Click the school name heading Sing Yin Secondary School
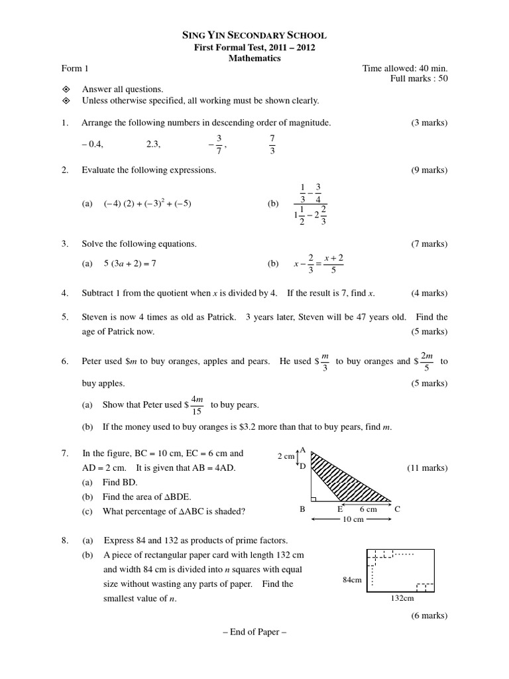[254, 35]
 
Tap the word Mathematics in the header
[254, 58]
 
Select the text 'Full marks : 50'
[420, 79]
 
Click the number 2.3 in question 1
[153, 143]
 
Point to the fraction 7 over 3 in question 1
[272, 144]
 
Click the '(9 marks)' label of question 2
[429, 170]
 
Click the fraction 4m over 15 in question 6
[198, 404]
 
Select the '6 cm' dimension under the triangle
[368, 509]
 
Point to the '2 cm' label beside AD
[286, 456]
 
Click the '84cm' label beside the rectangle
[352, 580]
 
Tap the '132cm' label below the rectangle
[401, 597]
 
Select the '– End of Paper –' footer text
[254, 631]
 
